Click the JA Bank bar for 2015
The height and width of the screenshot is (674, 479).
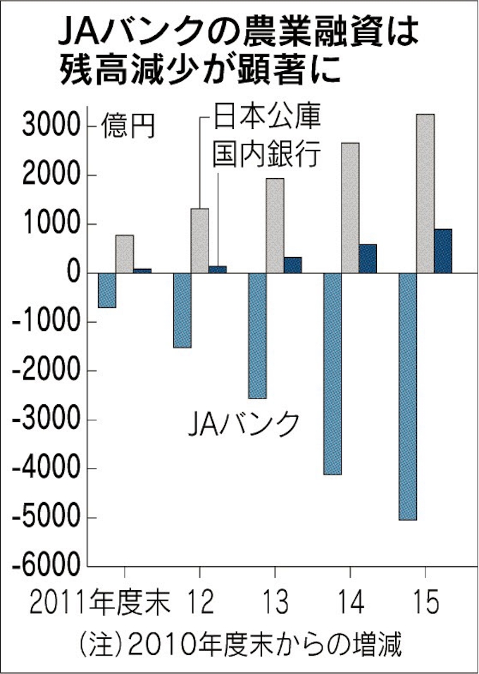point(407,396)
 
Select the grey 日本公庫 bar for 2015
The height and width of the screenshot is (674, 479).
point(425,193)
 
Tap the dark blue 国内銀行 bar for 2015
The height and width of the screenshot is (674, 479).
point(443,251)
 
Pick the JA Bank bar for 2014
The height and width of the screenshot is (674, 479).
point(332,373)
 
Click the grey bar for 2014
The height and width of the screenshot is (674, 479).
point(350,208)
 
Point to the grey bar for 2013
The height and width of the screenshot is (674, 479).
point(275,225)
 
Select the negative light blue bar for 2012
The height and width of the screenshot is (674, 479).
point(182,310)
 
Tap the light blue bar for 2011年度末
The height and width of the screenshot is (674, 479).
point(107,290)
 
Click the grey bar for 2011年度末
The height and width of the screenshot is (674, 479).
point(125,254)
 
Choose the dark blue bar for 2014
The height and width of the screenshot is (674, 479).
point(368,258)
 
